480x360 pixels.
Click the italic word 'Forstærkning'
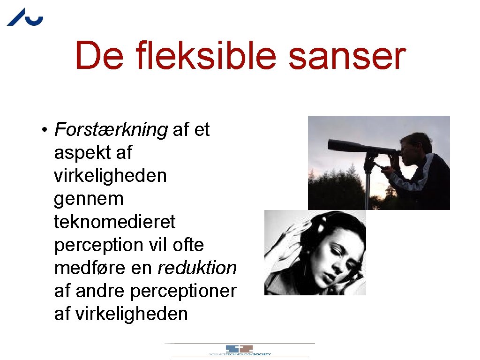[x=111, y=130]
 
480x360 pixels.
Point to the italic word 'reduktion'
[x=197, y=268]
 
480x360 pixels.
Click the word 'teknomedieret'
[x=115, y=222]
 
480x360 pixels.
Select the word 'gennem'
[x=89, y=199]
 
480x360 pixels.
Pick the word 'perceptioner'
[x=183, y=291]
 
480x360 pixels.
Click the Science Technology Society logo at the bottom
[x=240, y=350]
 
